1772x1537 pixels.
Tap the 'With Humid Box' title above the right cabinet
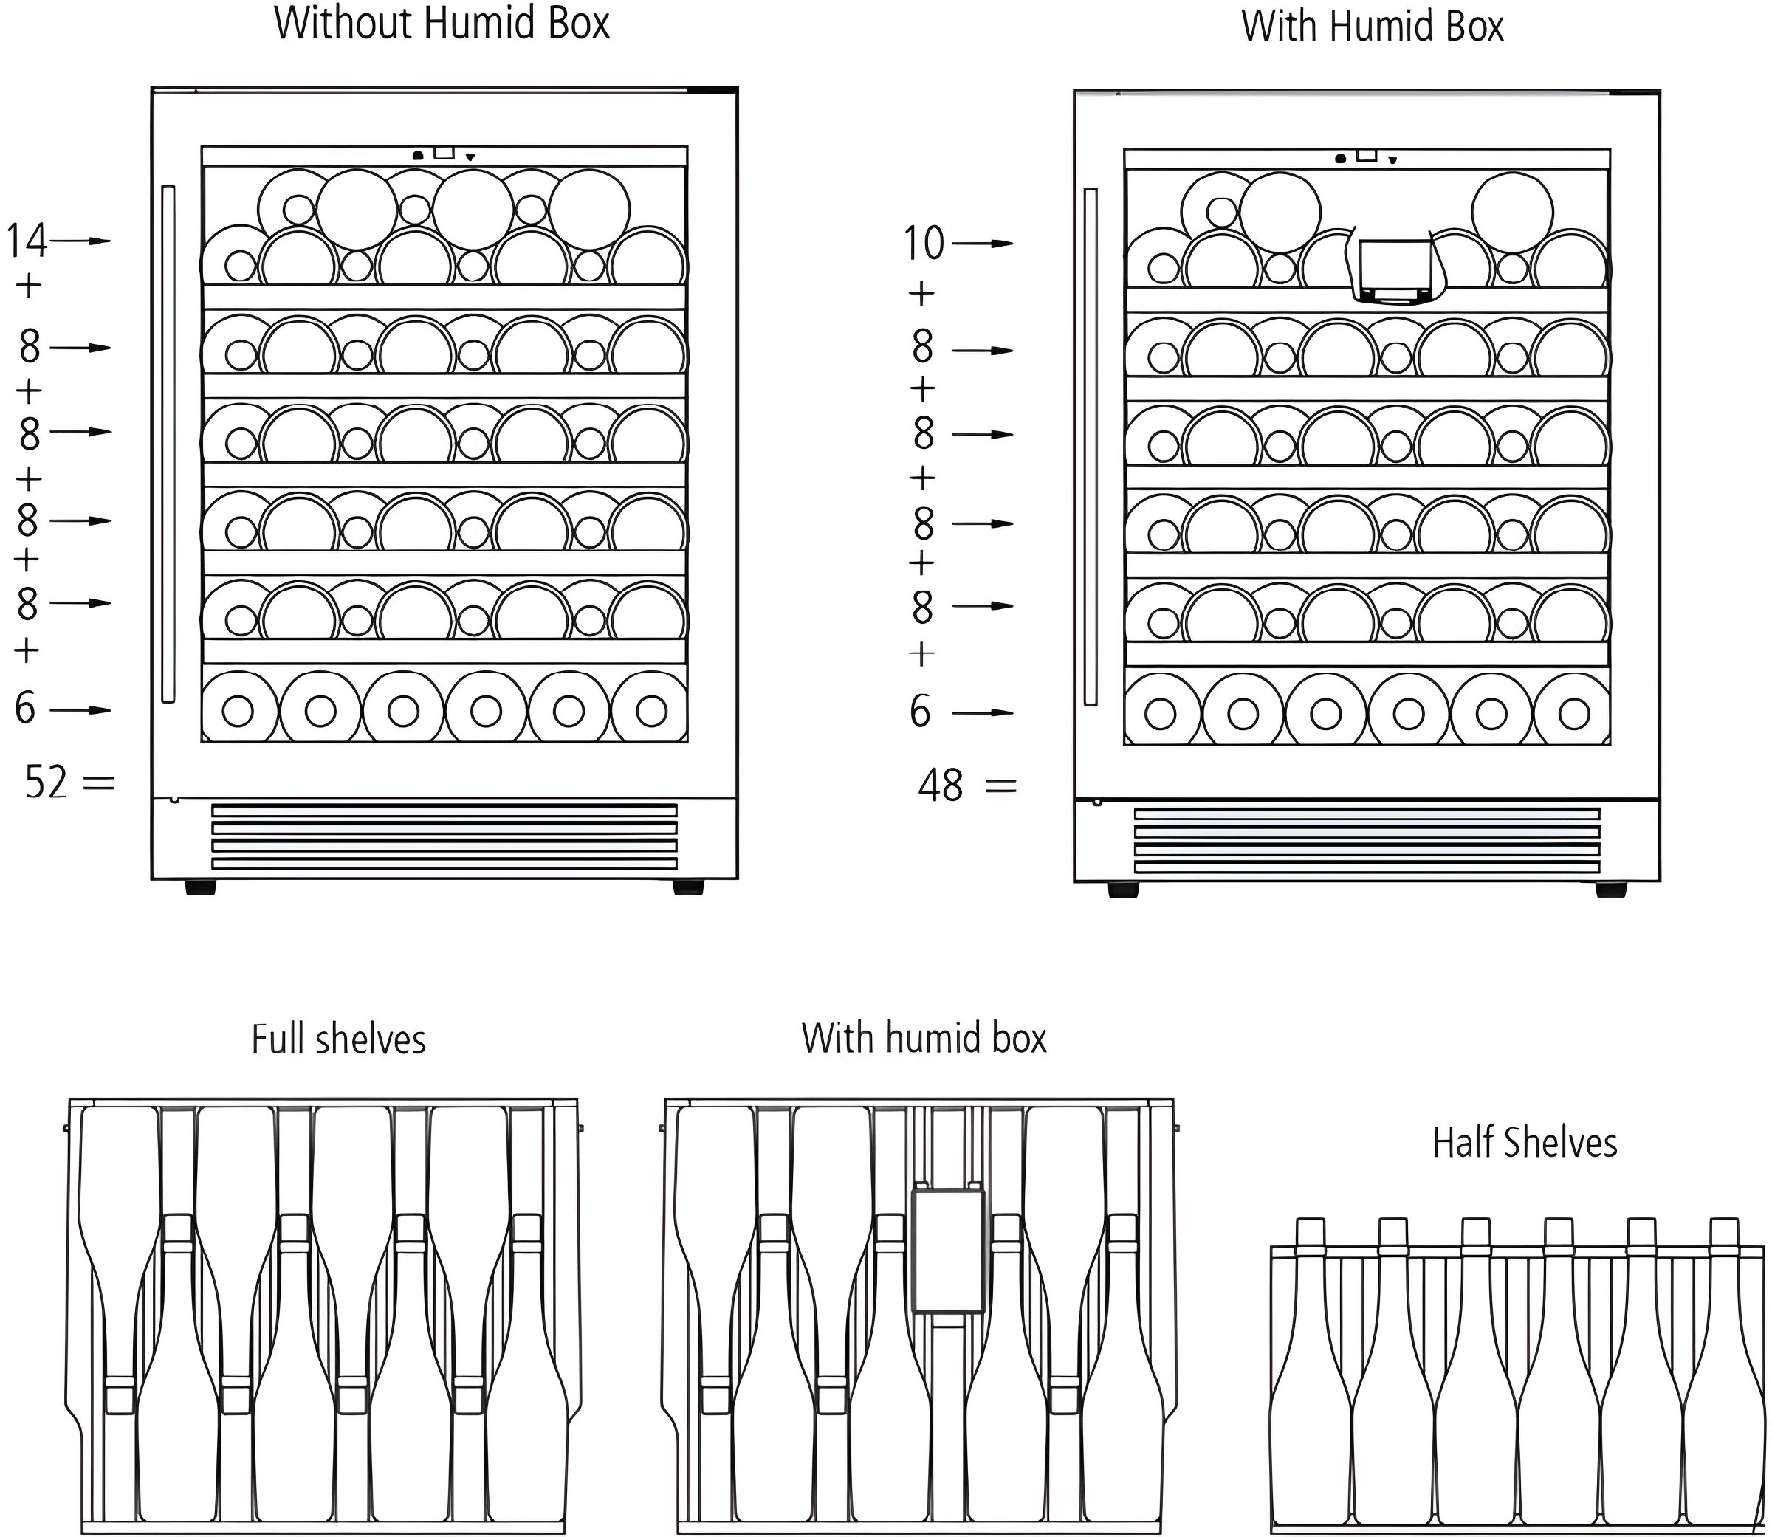1373,26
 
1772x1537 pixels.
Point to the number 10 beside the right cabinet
924,244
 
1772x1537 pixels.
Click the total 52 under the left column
46,783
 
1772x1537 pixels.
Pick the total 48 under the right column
940,785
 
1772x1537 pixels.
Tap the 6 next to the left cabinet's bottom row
26,709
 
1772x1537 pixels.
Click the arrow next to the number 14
80,241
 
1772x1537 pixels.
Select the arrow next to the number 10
983,244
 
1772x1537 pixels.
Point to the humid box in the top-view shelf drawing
948,1251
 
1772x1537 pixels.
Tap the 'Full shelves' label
339,1039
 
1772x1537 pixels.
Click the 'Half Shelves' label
1525,1144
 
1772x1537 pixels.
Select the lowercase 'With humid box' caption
924,1038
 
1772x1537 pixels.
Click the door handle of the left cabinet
168,444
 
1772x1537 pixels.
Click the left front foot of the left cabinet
200,887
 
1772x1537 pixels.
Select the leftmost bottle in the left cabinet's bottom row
239,710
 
